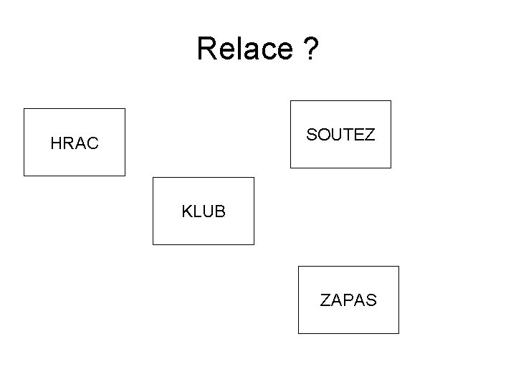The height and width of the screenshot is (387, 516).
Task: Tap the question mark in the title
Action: click(310, 49)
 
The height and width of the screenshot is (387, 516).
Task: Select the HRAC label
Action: click(75, 143)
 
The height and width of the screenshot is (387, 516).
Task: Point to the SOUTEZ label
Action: click(340, 134)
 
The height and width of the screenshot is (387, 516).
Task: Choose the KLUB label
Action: click(204, 212)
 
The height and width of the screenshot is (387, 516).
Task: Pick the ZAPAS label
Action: click(348, 300)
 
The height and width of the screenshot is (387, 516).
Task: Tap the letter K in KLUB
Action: click(186, 212)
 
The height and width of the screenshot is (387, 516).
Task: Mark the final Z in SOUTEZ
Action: click(370, 134)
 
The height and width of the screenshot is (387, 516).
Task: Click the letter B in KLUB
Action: click(221, 212)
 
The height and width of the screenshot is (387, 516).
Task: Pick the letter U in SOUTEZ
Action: click(338, 134)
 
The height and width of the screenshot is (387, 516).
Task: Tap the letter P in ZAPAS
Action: click(348, 300)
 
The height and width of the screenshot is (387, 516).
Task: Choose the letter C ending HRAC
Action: click(94, 143)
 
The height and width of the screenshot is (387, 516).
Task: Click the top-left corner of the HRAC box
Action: click(24, 109)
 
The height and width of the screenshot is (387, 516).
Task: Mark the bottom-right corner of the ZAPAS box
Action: click(398, 333)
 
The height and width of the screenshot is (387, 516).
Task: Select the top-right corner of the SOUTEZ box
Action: click(391, 101)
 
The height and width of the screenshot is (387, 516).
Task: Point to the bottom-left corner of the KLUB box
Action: click(153, 244)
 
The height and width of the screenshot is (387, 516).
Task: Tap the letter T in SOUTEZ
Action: click(349, 134)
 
